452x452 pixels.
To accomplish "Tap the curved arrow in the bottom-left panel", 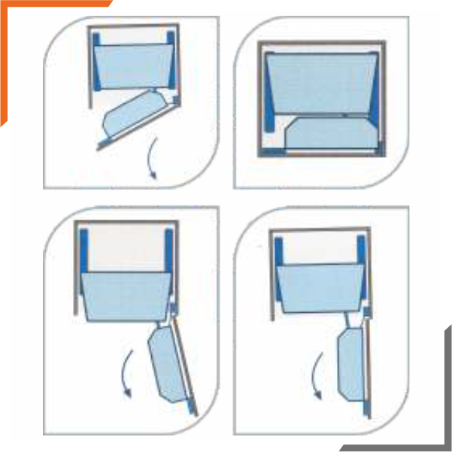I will click(x=125, y=372).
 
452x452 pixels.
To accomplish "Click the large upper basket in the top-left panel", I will click(x=132, y=66).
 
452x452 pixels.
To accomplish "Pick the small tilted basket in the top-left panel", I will click(x=135, y=113).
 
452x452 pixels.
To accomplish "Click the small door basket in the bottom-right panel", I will click(x=350, y=365).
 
